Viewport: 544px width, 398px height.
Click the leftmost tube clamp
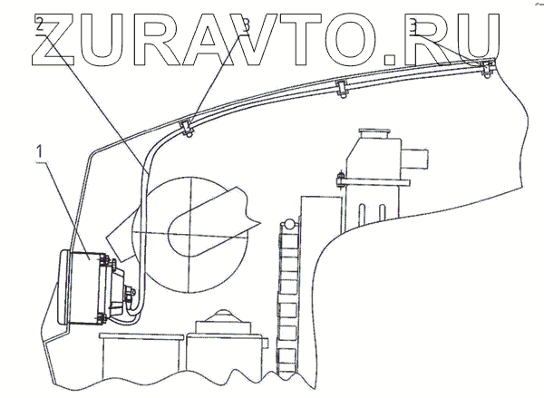point(186,127)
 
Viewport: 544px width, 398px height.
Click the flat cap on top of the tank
point(373,133)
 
